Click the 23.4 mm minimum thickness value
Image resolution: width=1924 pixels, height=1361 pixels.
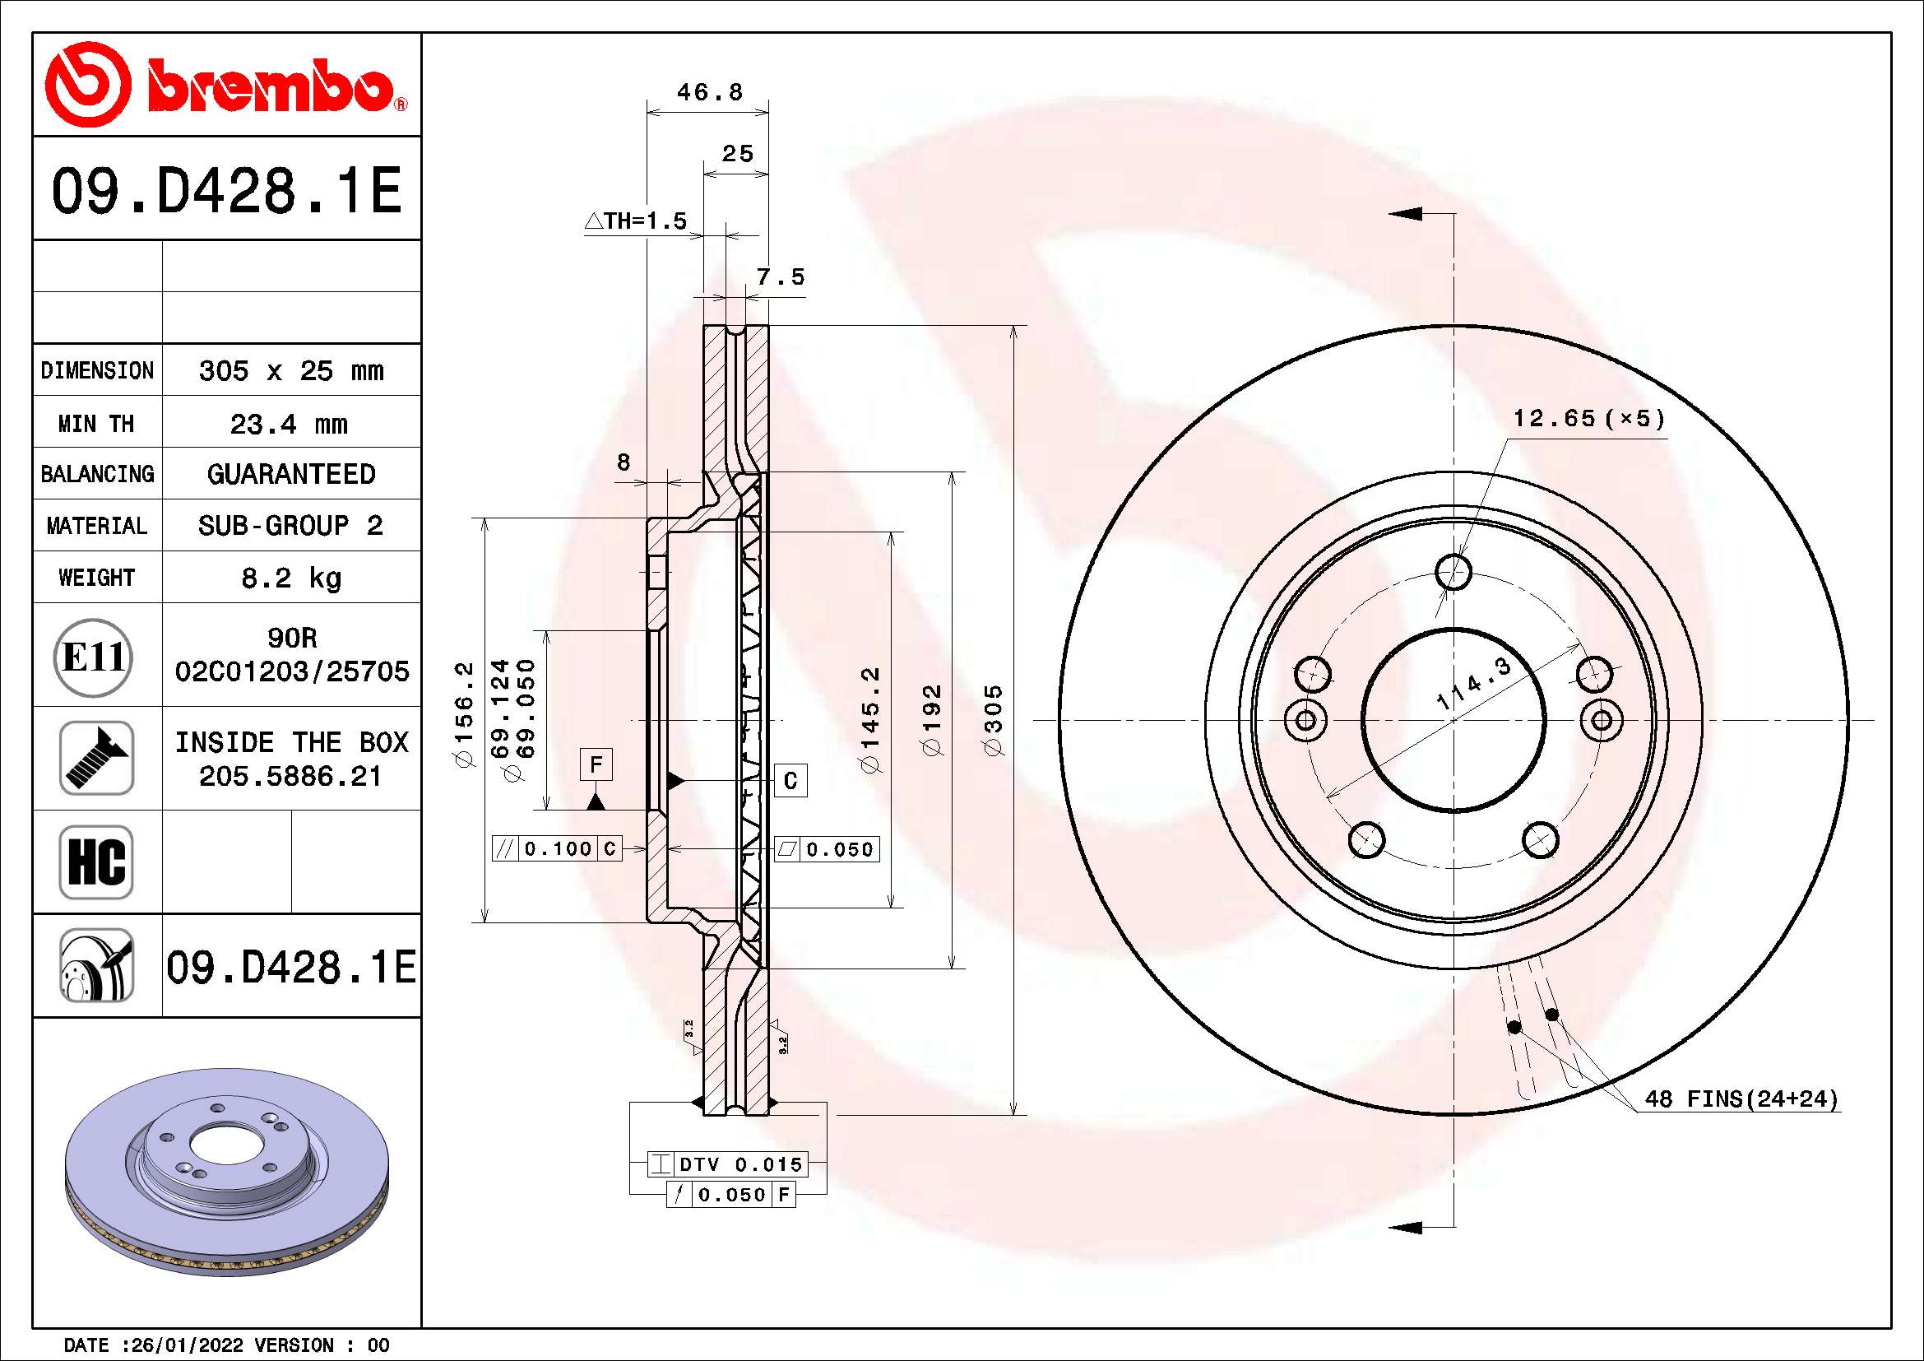pos(289,424)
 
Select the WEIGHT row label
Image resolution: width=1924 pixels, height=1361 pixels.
pos(96,578)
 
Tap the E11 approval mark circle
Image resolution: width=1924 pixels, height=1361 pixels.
pos(95,657)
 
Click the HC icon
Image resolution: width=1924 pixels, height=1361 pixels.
pos(96,862)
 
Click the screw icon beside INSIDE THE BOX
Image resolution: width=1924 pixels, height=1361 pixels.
pos(96,759)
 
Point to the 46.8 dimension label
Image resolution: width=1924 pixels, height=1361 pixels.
pos(709,92)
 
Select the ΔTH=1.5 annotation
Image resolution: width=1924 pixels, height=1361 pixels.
pos(636,221)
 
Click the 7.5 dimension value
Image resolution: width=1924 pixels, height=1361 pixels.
pos(780,277)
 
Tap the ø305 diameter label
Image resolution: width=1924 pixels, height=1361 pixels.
pos(993,720)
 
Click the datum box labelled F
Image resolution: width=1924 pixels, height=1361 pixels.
pos(596,764)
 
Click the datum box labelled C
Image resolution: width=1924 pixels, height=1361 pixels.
pos(790,781)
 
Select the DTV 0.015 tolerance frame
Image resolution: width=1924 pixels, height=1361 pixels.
pos(727,1164)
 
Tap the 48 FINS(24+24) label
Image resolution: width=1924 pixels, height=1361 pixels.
pos(1741,1099)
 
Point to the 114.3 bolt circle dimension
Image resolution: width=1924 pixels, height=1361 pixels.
pos(1473,685)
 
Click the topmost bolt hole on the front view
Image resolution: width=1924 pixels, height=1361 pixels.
pos(1453,574)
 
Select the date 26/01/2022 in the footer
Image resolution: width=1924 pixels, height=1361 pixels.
pos(187,1345)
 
